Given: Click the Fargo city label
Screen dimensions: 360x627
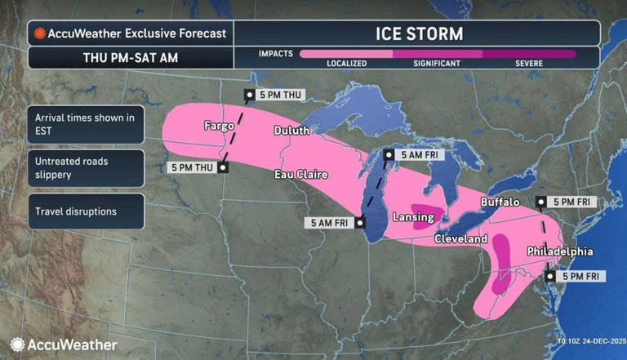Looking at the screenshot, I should click(x=219, y=127).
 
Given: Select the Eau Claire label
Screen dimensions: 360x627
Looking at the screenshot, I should click(x=300, y=175).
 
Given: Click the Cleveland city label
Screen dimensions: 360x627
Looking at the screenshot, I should click(x=460, y=239).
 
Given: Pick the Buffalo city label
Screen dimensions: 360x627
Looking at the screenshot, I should click(x=500, y=202).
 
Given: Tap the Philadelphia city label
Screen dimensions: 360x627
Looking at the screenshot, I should click(x=560, y=251).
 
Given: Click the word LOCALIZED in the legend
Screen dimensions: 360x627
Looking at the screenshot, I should click(x=346, y=64).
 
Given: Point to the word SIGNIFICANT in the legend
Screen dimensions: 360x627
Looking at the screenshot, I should click(x=438, y=64).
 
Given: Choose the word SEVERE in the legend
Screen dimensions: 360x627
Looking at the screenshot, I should click(x=528, y=64).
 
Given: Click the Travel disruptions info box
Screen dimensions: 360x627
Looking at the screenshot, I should click(x=76, y=211).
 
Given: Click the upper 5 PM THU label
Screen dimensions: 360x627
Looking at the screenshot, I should click(x=278, y=96).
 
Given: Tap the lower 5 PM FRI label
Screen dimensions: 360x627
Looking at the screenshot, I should click(x=580, y=277).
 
